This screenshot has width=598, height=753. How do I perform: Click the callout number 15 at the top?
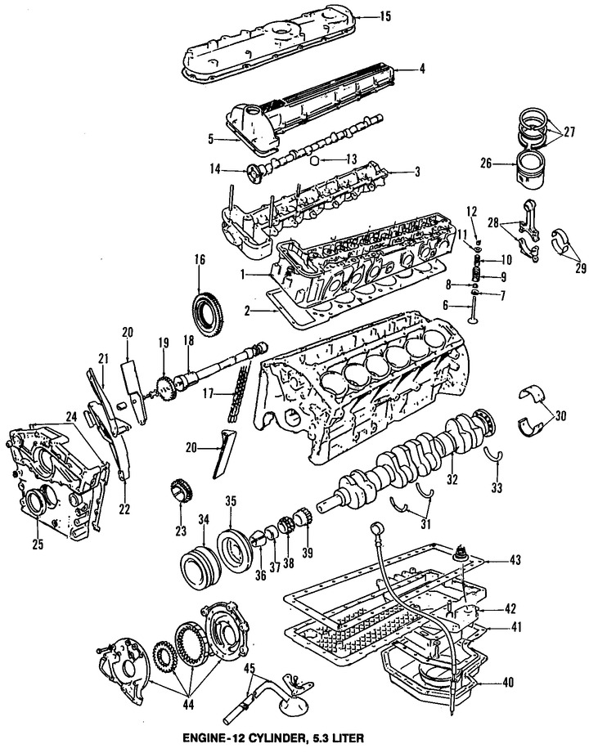point(384,17)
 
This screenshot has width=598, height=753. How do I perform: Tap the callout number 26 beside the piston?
point(486,164)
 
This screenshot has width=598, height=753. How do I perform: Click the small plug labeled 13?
point(314,159)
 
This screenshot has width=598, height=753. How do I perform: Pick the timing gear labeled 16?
point(209,311)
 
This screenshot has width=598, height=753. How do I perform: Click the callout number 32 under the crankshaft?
point(452,479)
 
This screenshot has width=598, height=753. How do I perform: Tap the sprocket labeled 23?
point(181,491)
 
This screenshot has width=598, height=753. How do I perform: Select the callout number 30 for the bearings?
point(560,415)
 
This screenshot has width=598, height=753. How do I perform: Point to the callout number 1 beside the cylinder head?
point(244,275)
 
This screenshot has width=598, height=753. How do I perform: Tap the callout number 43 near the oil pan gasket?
point(515,560)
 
